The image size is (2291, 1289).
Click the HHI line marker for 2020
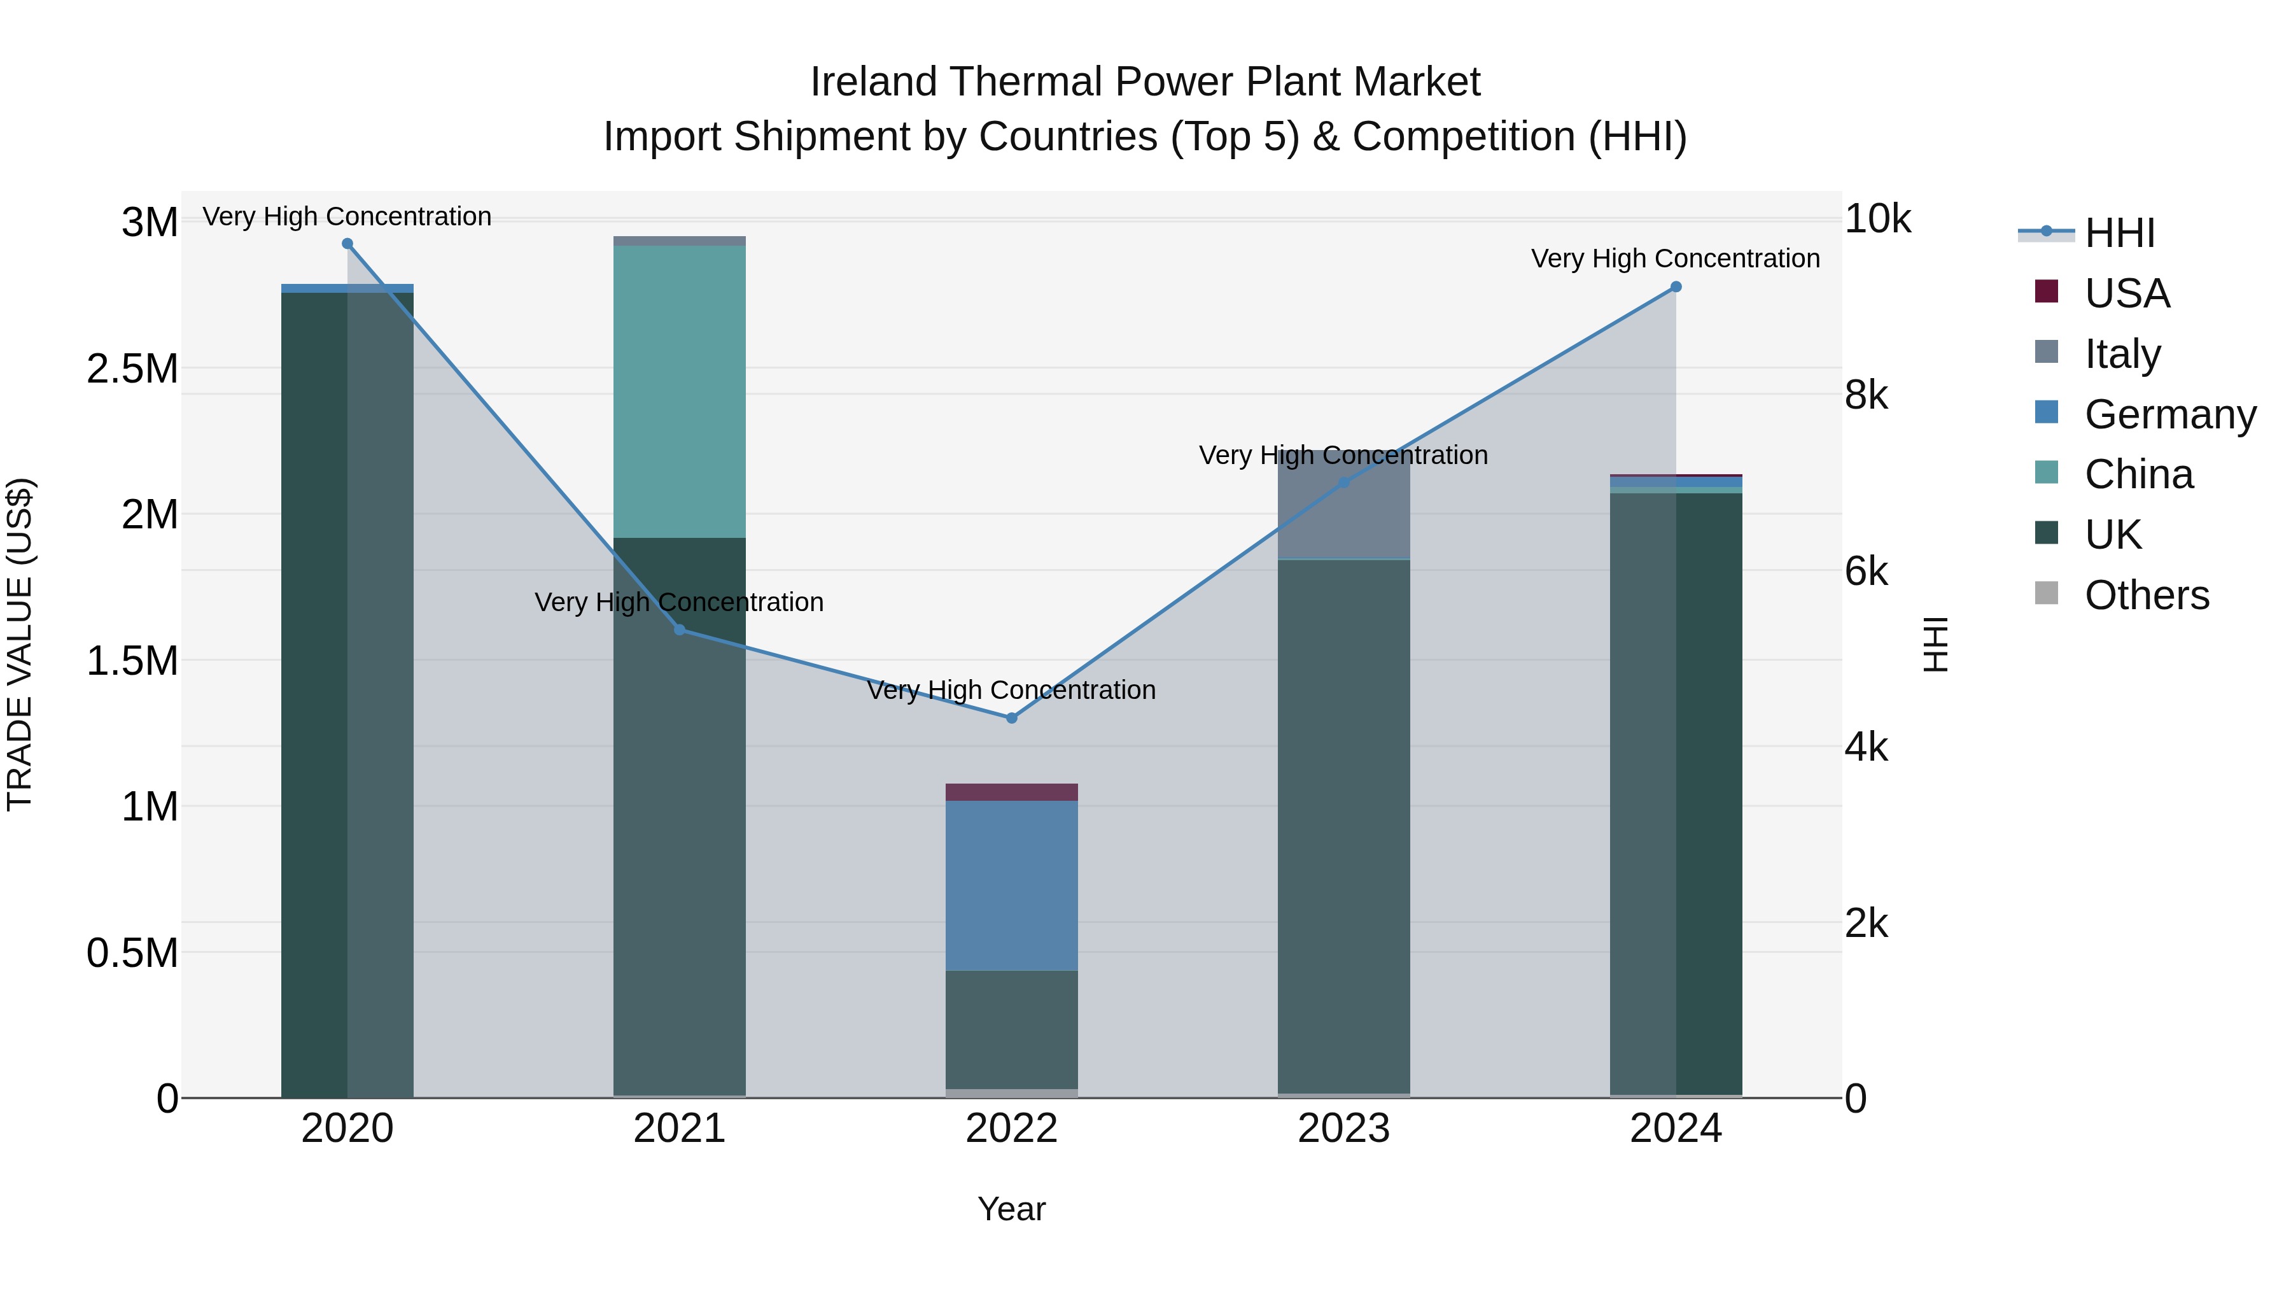point(347,244)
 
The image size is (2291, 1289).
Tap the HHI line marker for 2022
point(1011,718)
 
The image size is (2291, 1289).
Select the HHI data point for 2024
point(1676,287)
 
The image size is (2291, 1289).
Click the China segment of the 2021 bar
point(680,391)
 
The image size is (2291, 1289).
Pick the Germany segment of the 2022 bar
point(1011,885)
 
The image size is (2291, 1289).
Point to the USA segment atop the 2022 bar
point(1011,792)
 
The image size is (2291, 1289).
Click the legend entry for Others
point(2145,595)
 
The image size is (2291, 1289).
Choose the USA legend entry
point(2126,293)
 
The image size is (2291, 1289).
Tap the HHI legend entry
point(2119,233)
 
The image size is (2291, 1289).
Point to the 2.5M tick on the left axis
point(132,369)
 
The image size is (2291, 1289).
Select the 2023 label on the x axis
point(1344,1129)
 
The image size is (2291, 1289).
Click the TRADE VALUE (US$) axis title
point(20,644)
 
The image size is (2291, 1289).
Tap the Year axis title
point(1011,1209)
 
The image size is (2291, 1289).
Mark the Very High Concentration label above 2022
point(1011,689)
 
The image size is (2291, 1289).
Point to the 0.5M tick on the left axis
point(132,953)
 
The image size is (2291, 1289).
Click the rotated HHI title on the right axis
point(1936,644)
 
